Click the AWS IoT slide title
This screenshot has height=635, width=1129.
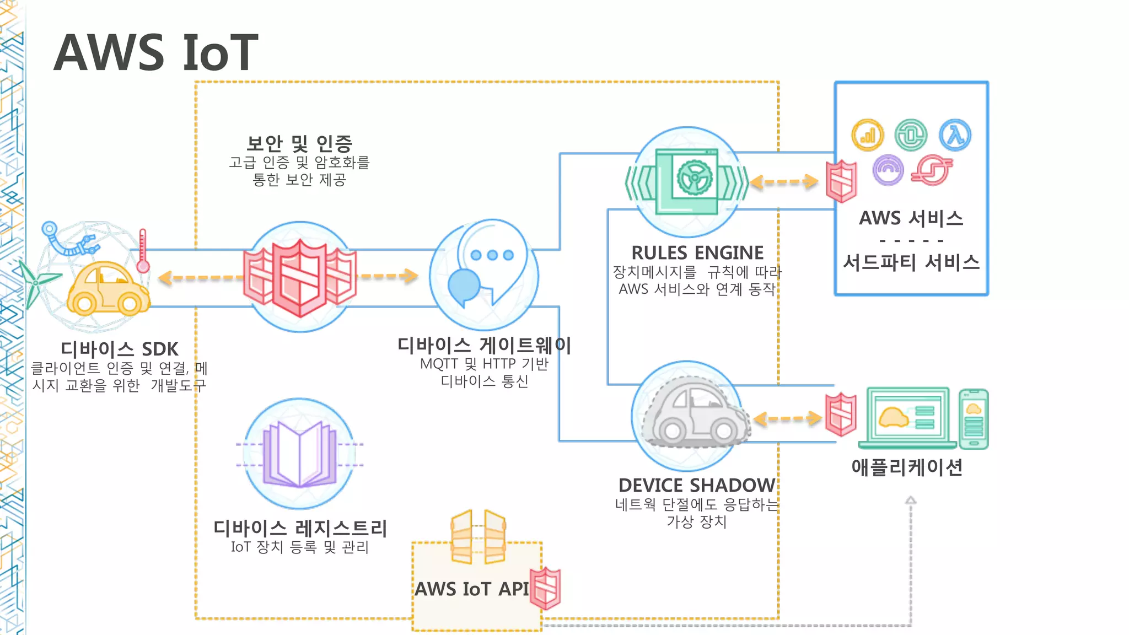pos(156,53)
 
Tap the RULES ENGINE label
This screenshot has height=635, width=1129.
pos(697,253)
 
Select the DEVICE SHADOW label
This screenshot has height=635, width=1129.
pos(697,486)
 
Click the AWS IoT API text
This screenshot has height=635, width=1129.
pos(472,589)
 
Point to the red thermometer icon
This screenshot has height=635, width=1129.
pos(143,251)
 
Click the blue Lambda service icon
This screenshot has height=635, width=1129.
pos(955,135)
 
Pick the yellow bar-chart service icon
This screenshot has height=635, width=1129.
pos(867,135)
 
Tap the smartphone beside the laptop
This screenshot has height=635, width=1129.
pos(974,419)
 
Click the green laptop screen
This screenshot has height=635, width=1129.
pos(907,416)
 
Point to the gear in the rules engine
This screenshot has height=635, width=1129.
pos(694,177)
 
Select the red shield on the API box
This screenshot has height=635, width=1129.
pos(545,588)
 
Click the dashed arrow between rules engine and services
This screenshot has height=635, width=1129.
pos(784,182)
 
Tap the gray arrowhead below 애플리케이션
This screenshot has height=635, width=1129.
pos(911,500)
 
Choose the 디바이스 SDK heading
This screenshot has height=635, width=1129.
pos(120,349)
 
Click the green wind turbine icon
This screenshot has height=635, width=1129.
pos(36,283)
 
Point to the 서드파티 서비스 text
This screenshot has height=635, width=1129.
pos(911,262)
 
